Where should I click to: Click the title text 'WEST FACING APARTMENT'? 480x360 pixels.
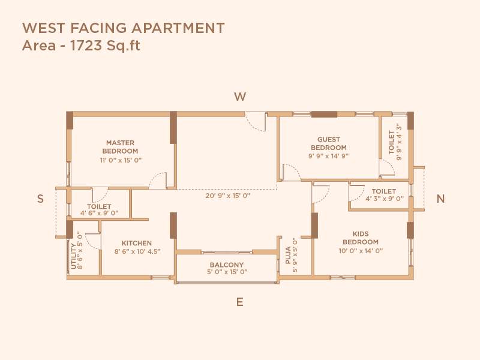123,28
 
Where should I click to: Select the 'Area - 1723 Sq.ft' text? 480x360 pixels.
81,46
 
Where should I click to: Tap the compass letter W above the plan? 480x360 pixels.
240,97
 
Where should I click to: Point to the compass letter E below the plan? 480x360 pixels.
239,302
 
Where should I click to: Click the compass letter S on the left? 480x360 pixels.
40,199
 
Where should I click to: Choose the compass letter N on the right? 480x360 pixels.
440,199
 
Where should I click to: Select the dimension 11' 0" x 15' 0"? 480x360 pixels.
120,160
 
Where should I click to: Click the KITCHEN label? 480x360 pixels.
137,243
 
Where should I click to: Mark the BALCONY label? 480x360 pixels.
226,265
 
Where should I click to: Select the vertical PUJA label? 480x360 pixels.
288,255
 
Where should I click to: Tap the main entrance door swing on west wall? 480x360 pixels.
256,122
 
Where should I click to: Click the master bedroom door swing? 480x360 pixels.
158,181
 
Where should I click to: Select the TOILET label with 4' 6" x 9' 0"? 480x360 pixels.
99,206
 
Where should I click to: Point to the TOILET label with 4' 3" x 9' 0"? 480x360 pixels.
384,191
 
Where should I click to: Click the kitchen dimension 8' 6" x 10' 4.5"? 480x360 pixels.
137,251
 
